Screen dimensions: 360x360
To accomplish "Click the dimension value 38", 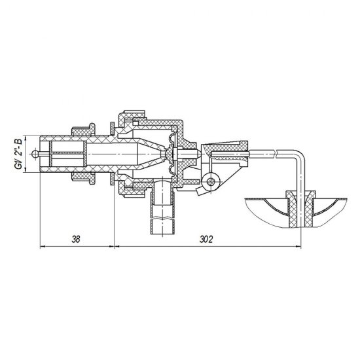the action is tap(76, 240).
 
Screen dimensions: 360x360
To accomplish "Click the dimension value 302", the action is tap(206, 240).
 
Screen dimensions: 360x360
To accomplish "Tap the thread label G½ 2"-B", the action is tap(19, 154).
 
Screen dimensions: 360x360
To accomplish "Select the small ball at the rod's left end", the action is tap(35, 154).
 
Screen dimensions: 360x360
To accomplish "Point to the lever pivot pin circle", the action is tap(211, 181).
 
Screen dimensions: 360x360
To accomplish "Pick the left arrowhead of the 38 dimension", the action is tap(43, 247).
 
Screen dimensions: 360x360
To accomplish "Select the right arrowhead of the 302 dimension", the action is tap(298, 247).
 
